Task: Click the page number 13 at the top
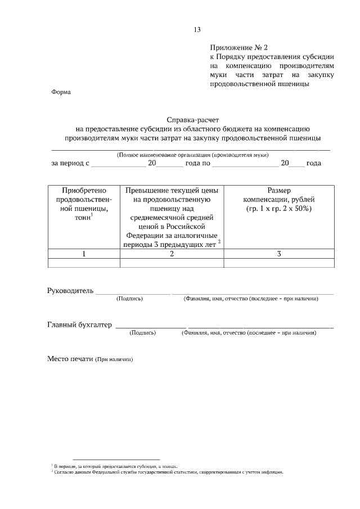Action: [x=197, y=30]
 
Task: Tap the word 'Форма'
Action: [x=61, y=92]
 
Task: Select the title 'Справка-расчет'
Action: [x=192, y=120]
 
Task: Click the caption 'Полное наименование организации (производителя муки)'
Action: [x=192, y=155]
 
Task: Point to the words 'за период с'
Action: [x=70, y=163]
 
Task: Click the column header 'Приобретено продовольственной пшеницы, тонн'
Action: [x=84, y=209]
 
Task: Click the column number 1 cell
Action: [x=84, y=254]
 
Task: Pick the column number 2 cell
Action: [x=172, y=254]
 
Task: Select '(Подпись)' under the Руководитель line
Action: [x=130, y=299]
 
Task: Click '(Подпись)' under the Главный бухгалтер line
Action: [x=143, y=333]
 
